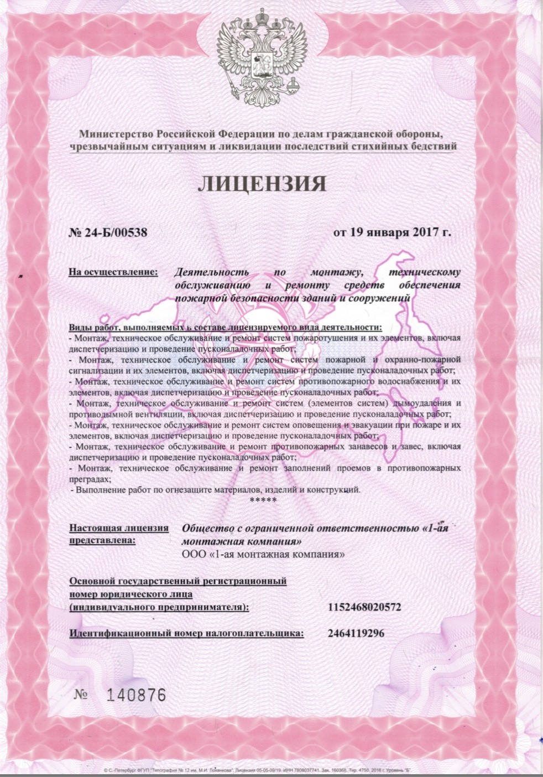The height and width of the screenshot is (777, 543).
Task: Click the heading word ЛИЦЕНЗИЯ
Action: pyautogui.click(x=262, y=183)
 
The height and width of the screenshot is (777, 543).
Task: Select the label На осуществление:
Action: pyautogui.click(x=113, y=272)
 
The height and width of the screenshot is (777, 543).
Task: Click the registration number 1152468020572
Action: pyautogui.click(x=364, y=607)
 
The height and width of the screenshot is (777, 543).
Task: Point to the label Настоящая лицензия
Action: pyautogui.click(x=119, y=527)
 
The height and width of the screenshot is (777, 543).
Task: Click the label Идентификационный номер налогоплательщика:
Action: pyautogui.click(x=186, y=633)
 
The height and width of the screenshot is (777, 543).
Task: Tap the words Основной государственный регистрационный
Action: pyautogui.click(x=177, y=581)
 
